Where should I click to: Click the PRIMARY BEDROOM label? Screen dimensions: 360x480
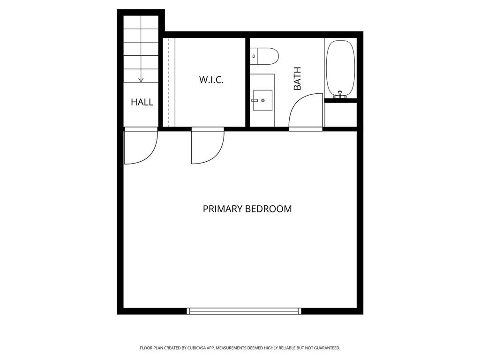pos(247,209)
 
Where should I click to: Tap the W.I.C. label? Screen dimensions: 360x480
pos(211,80)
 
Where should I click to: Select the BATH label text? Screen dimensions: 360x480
pos(297,79)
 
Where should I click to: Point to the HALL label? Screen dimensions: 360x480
pos(142,102)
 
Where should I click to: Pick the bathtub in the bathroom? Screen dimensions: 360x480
pos(340,67)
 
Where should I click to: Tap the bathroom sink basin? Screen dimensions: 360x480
pos(262,100)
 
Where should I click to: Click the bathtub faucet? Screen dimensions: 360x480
pos(341,95)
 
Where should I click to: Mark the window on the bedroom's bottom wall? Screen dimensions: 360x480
pos(244,311)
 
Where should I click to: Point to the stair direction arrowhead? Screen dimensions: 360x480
pos(141,80)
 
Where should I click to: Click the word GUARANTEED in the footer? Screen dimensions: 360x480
pos(325,348)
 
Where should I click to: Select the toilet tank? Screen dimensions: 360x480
pos(253,56)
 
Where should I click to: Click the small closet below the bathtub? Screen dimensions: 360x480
pos(340,113)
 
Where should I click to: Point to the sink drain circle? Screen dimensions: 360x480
pos(263,100)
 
